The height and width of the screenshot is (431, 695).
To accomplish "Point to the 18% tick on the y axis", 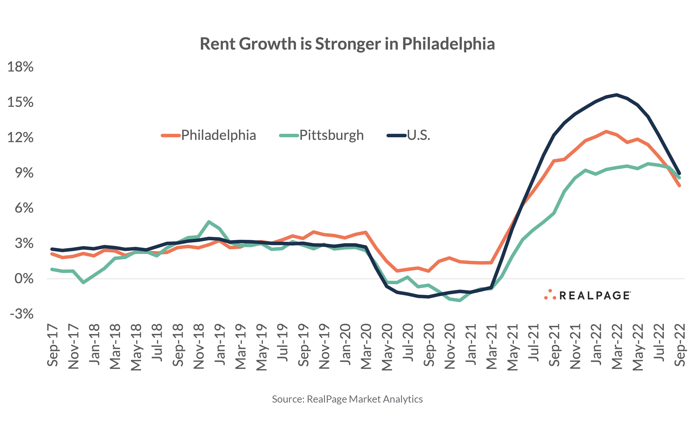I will (20, 67).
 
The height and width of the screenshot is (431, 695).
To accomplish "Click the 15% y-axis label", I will (20, 102).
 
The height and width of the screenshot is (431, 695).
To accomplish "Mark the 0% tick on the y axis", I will (24, 279).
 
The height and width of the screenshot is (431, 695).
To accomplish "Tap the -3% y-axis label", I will (22, 314).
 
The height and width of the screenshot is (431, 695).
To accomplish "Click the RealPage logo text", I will (595, 296).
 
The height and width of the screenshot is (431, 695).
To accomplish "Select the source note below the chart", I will (347, 399).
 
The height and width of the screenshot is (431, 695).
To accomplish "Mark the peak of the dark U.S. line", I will (617, 95).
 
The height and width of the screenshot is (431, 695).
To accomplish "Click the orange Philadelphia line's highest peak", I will (606, 131).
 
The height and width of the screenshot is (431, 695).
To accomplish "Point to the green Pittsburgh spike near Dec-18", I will (209, 221).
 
